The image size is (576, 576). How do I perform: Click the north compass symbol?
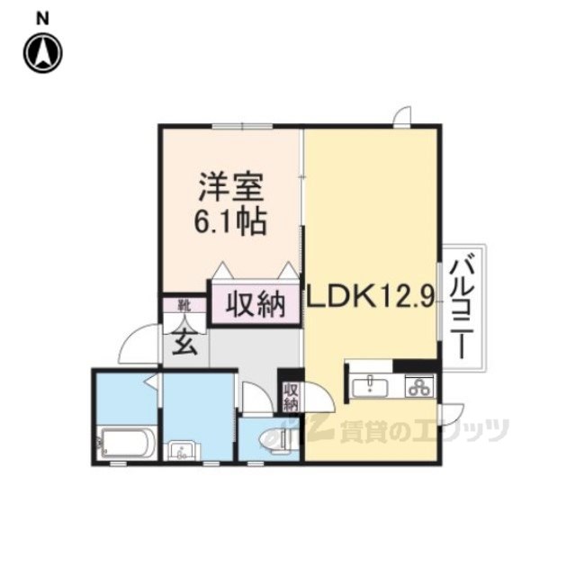[x=43, y=53]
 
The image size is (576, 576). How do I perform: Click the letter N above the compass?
[x=42, y=19]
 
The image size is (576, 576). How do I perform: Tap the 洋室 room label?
[x=231, y=188]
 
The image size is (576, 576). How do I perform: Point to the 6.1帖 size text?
[x=230, y=222]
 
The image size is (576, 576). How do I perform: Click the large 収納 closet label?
[x=256, y=304]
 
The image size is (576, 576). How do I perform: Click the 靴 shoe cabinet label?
[x=184, y=306]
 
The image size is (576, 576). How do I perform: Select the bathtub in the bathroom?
[x=127, y=443]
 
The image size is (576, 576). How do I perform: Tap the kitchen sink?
[x=370, y=388]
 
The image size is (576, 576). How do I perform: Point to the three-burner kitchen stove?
[x=419, y=386]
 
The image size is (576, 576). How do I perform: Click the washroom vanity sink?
[x=182, y=451]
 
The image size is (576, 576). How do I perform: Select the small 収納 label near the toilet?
[x=291, y=397]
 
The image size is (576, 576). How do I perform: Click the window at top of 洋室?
[x=243, y=127]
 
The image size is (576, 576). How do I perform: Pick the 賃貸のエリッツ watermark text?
[x=424, y=430]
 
